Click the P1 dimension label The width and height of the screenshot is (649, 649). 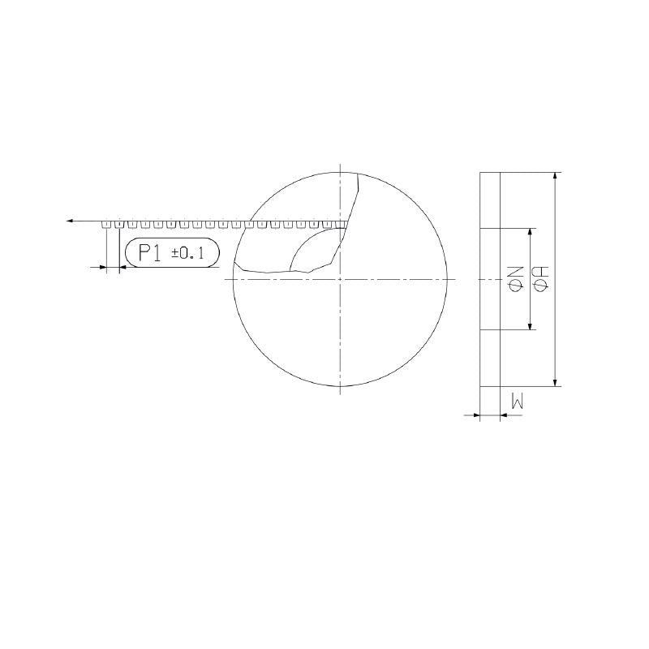pos(148,252)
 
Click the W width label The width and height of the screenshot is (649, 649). pos(518,399)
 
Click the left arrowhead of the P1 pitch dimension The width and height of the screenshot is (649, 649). pos(102,267)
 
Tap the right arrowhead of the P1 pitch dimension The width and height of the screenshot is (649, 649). pos(124,267)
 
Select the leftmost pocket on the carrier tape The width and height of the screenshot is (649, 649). pos(107,225)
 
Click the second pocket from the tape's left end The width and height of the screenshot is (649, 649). pos(119,225)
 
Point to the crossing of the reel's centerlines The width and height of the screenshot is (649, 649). pos(339,280)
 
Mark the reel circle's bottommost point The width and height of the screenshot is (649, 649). pos(339,386)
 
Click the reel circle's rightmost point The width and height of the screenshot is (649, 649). pos(446,280)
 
